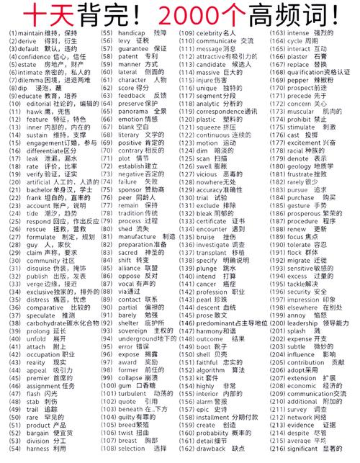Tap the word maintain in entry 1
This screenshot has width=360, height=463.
pos(31,34)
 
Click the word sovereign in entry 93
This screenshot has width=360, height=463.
pos(133,330)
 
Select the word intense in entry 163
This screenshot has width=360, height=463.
pos(301,34)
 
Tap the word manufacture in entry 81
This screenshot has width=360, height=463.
pos(136,237)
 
